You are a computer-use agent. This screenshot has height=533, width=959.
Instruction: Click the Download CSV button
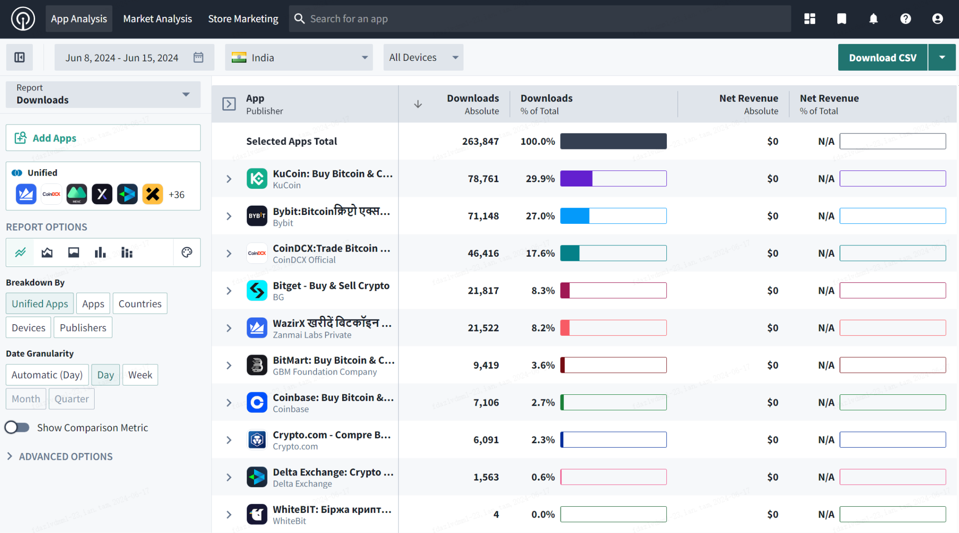pyautogui.click(x=882, y=58)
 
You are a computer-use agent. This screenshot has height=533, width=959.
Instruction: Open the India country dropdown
pyautogui.click(x=299, y=58)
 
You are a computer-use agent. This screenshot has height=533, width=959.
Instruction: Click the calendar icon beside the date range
pyautogui.click(x=199, y=58)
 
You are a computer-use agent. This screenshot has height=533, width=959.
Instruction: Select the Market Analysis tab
pyautogui.click(x=157, y=19)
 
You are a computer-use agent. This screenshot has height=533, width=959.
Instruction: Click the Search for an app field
pyautogui.click(x=539, y=19)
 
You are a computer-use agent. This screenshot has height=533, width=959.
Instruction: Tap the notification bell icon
pyautogui.click(x=873, y=19)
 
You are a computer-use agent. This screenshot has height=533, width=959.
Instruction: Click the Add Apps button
pyautogui.click(x=103, y=138)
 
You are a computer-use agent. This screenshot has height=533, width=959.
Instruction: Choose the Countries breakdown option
pyautogui.click(x=140, y=304)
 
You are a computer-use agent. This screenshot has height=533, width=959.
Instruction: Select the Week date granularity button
pyautogui.click(x=140, y=375)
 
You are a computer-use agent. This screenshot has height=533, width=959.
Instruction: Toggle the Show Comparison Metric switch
pyautogui.click(x=17, y=427)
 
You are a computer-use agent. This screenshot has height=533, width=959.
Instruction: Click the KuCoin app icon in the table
pyautogui.click(x=257, y=178)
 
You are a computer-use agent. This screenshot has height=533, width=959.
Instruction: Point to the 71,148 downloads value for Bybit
pyautogui.click(x=483, y=216)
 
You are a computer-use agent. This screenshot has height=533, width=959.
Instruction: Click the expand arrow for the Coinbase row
pyautogui.click(x=229, y=402)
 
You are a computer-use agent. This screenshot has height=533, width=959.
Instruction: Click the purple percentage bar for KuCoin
pyautogui.click(x=576, y=178)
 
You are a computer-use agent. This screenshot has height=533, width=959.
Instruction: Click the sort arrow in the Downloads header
pyautogui.click(x=418, y=104)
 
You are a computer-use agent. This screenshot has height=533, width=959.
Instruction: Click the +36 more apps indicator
pyautogui.click(x=177, y=194)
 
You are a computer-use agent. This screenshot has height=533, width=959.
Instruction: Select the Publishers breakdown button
pyautogui.click(x=83, y=327)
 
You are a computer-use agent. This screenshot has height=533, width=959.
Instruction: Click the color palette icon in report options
pyautogui.click(x=186, y=252)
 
